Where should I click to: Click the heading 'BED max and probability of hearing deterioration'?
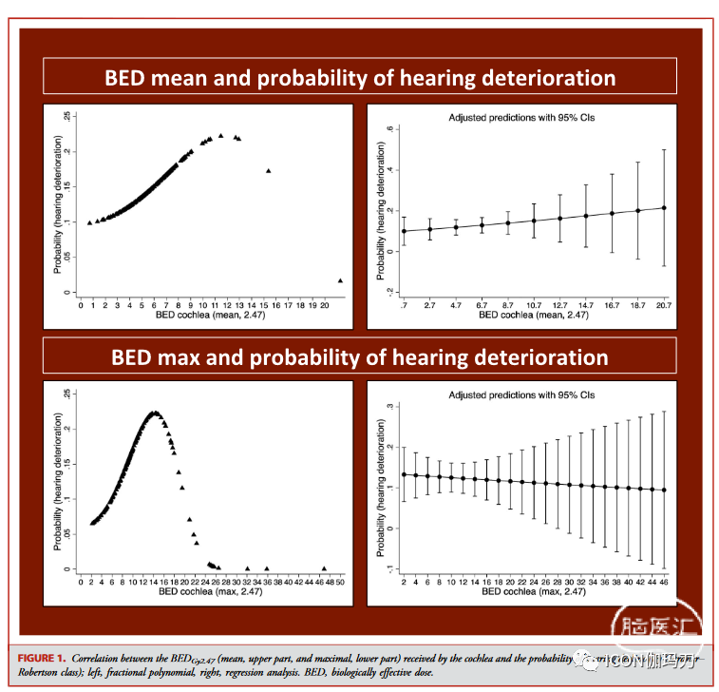[x=360, y=357]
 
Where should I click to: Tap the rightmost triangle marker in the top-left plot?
[x=340, y=280]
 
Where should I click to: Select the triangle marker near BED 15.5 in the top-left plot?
[x=269, y=171]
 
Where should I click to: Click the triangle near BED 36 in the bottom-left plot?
[x=267, y=567]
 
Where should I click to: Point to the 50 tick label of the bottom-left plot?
[x=340, y=581]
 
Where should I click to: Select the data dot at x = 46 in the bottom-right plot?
[x=664, y=490]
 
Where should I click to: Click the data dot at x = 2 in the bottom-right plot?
[x=404, y=474]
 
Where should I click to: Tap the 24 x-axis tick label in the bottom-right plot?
[x=534, y=579]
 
